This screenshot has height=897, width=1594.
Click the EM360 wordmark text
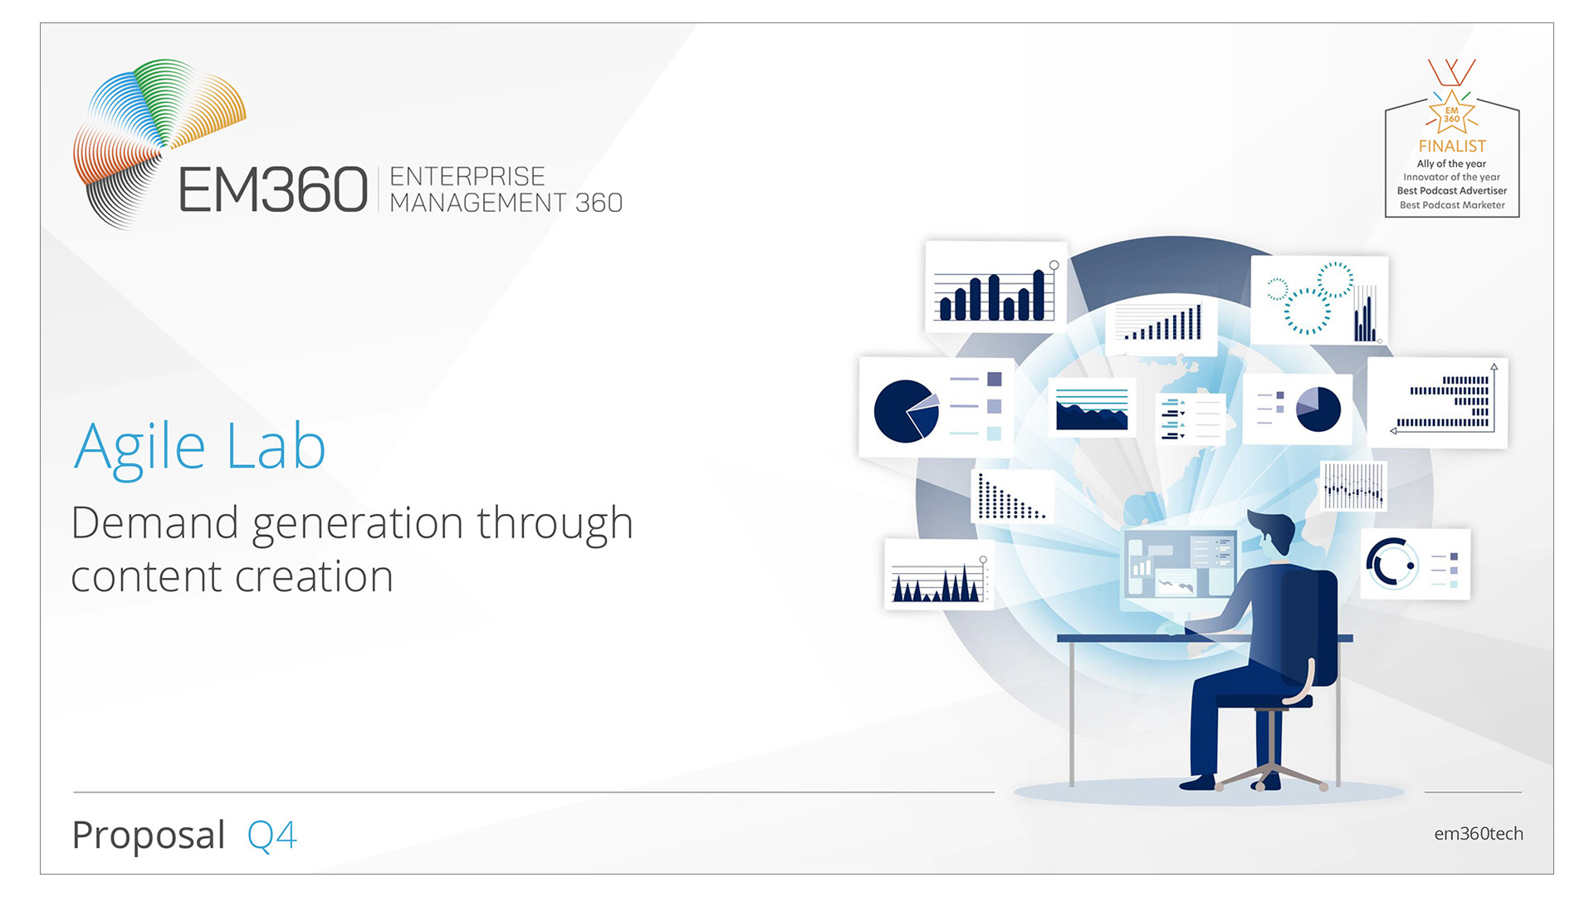(x=273, y=189)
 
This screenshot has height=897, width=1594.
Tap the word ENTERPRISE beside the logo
(x=467, y=176)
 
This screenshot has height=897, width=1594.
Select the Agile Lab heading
(x=199, y=448)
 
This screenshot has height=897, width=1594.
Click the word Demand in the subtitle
(x=155, y=522)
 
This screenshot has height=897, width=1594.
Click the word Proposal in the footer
(x=149, y=835)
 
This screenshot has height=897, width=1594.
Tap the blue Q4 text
(x=271, y=836)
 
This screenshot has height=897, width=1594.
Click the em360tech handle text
(x=1479, y=834)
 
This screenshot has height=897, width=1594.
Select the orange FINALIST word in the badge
(x=1452, y=146)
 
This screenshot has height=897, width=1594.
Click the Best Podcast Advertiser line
(x=1452, y=191)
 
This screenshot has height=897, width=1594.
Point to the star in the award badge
(x=1451, y=115)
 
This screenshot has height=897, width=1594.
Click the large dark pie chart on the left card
(x=906, y=411)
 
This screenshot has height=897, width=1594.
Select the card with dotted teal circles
(x=1319, y=300)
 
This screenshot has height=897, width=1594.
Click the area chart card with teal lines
(x=1092, y=407)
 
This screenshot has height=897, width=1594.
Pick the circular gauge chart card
(x=1415, y=564)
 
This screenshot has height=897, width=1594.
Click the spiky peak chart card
(x=939, y=574)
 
